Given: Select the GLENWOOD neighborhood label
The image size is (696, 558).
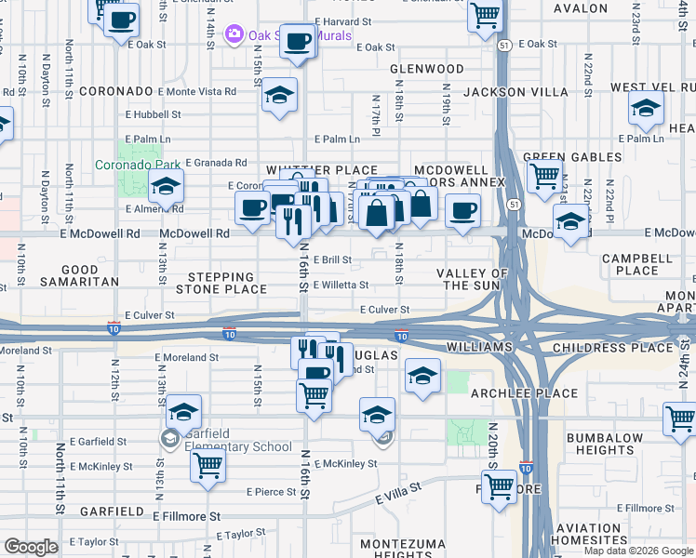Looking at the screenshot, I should point(427,69).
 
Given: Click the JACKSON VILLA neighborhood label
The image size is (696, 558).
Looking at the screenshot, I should point(515,91).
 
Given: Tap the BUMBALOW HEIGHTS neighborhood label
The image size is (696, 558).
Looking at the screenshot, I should point(605,444).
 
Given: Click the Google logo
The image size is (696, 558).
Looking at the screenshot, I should point(31,547).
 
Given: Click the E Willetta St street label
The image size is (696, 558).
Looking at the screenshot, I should point(341,286).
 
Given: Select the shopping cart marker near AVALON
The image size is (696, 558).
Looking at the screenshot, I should point(485,14).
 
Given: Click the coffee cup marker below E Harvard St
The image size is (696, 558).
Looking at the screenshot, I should point(298,41).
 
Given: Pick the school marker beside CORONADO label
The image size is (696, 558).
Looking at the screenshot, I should point(278,95).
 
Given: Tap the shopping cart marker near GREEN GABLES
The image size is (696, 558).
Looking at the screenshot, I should point(544,174).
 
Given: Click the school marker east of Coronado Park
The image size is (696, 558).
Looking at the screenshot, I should point(166,188).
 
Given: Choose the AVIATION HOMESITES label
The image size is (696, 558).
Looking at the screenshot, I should point(589,533).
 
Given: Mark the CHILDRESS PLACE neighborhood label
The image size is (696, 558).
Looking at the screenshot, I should point(624,348).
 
